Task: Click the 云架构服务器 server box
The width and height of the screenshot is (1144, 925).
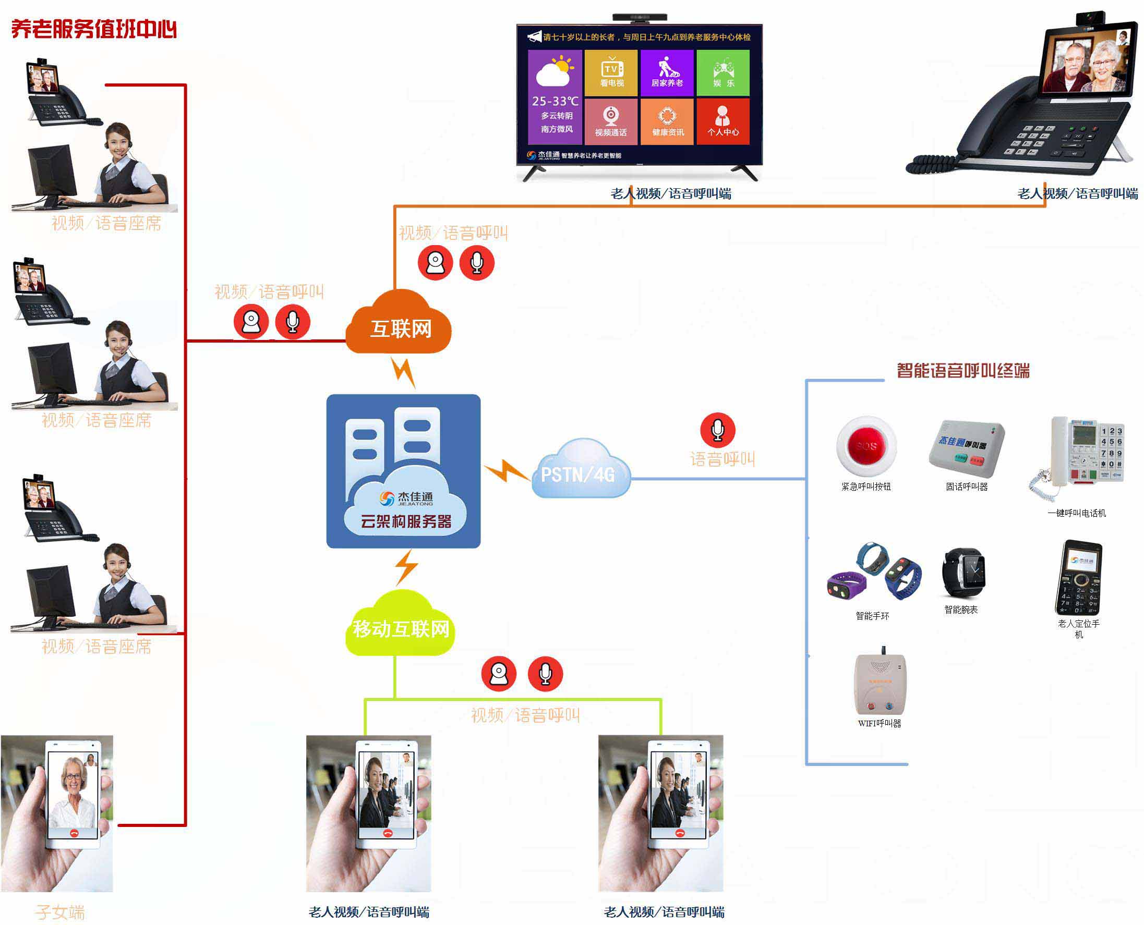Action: tap(403, 471)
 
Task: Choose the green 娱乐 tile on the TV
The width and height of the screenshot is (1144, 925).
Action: tap(723, 73)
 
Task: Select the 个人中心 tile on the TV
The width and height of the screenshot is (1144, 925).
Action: tap(723, 121)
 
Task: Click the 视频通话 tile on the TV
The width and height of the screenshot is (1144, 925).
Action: tap(611, 121)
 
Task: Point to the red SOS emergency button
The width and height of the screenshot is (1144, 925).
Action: tap(866, 446)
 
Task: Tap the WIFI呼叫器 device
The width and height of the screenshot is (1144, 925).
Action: tap(880, 684)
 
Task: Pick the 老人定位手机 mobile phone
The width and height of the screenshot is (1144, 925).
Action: tap(1078, 578)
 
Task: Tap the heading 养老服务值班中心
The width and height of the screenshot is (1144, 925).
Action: tap(94, 29)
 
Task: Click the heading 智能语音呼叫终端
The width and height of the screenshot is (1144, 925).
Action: tap(963, 370)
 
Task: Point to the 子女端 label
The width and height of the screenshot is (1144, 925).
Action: tap(60, 911)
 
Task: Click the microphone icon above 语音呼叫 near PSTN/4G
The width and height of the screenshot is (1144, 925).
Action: tap(717, 430)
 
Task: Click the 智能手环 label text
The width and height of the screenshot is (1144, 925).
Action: tap(872, 616)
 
